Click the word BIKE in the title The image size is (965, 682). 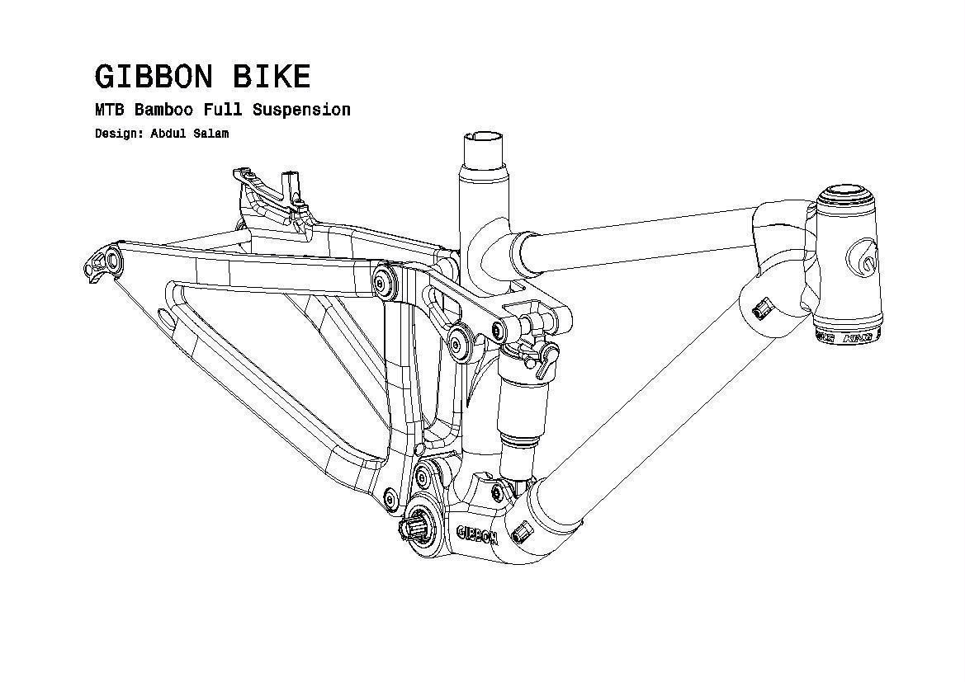pos(272,77)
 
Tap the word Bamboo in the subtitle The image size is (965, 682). pos(163,110)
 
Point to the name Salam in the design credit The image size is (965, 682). pos(211,134)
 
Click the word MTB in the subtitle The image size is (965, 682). pos(109,110)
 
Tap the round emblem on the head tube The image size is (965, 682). pos(863,261)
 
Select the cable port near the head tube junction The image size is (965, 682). pos(761,308)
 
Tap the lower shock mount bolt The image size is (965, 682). pos(498,492)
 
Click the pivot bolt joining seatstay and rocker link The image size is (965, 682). pos(381,281)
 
